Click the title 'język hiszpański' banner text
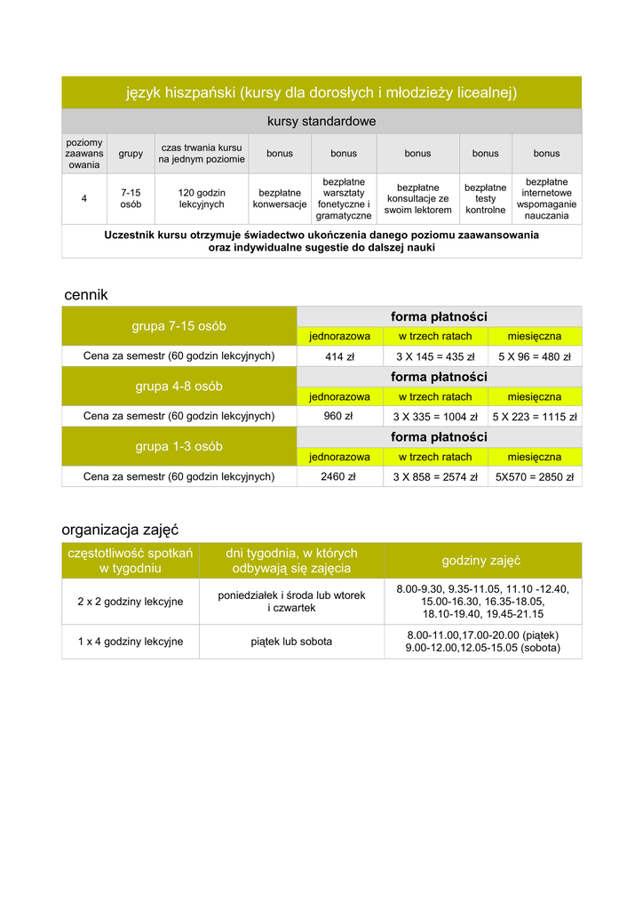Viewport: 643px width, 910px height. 321,92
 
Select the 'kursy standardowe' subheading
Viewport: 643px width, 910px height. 321,121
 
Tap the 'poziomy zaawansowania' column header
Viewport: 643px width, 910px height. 84,153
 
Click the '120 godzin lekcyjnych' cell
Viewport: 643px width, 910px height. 202,198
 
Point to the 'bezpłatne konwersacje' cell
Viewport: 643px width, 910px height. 280,198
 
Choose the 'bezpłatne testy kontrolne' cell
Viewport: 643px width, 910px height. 486,198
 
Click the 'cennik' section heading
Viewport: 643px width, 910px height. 85,295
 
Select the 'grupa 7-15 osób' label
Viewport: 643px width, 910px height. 179,326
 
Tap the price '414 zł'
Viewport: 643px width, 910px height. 339,356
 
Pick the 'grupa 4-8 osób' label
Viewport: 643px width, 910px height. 179,387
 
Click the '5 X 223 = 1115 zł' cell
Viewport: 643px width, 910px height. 535,416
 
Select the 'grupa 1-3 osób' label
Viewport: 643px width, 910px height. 179,446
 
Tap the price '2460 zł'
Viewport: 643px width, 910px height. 338,476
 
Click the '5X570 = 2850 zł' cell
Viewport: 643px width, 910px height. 535,476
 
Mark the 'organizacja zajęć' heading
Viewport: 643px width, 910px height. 120,530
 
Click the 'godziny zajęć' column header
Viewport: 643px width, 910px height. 481,561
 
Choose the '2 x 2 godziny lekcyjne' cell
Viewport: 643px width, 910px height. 131,602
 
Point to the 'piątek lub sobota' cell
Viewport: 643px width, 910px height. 291,642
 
